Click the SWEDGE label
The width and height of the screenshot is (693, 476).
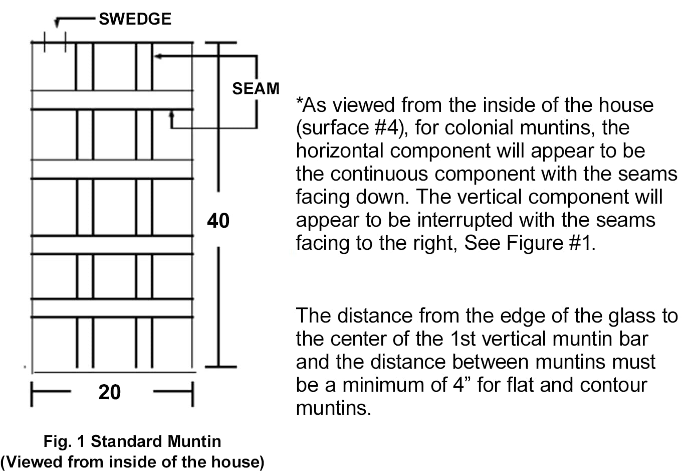(x=135, y=19)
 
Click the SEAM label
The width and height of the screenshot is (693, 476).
(x=256, y=89)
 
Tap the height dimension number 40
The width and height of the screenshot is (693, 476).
(x=218, y=221)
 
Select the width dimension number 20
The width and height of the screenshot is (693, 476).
(x=110, y=392)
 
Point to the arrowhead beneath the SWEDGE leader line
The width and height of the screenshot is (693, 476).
(x=57, y=23)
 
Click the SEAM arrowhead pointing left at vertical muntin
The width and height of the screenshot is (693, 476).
(x=158, y=56)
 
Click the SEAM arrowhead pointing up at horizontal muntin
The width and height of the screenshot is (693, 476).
(x=171, y=114)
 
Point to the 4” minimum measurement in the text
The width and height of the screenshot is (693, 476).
(x=458, y=385)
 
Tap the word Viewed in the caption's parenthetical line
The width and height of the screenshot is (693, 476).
(x=34, y=462)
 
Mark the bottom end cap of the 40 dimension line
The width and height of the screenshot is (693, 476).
(x=221, y=367)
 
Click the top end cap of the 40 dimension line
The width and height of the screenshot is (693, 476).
(x=221, y=43)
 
